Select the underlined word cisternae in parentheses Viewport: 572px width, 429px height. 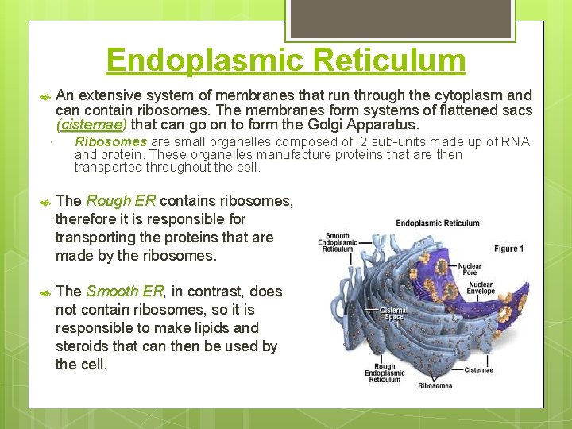[x=91, y=125]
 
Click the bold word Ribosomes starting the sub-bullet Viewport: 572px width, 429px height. [x=110, y=142]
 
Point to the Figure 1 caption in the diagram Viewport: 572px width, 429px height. [x=508, y=249]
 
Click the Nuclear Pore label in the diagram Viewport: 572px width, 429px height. [x=469, y=270]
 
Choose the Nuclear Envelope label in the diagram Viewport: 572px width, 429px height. [x=480, y=288]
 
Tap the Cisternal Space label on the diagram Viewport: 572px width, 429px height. [x=393, y=314]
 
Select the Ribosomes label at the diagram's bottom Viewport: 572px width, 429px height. [x=435, y=386]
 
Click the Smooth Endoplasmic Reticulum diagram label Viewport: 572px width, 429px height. [x=338, y=242]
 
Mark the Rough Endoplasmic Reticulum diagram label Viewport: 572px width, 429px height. [x=385, y=373]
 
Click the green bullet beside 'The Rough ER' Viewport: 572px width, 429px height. [x=44, y=202]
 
